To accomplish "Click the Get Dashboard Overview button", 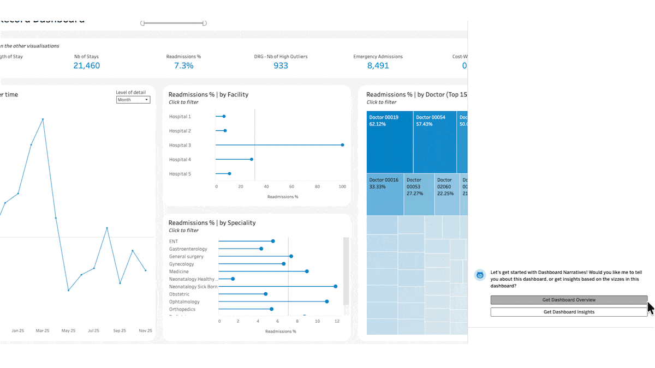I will (x=569, y=300).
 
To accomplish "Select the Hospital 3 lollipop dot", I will (x=342, y=145).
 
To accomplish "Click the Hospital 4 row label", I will (x=180, y=160).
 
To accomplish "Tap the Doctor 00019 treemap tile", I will (x=389, y=142).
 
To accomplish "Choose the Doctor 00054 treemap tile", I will (x=434, y=142).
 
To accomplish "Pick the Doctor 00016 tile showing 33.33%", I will (x=384, y=195).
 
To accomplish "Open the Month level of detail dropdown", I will (x=133, y=100).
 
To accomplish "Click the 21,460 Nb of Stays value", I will (x=86, y=66).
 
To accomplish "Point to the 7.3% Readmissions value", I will (x=183, y=66).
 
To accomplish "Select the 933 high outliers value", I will (x=281, y=66).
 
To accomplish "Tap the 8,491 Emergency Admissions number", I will (x=378, y=66).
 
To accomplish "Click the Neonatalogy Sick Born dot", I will (x=335, y=286).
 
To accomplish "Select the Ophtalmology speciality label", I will (x=184, y=301).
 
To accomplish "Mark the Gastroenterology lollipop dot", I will (x=261, y=249).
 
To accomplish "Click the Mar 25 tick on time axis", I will (x=43, y=331).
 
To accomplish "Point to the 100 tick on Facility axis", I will (x=342, y=186).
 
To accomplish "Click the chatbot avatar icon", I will (x=480, y=275).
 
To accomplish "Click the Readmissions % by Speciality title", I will (x=212, y=223).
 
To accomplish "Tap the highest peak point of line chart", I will (x=43, y=119).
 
